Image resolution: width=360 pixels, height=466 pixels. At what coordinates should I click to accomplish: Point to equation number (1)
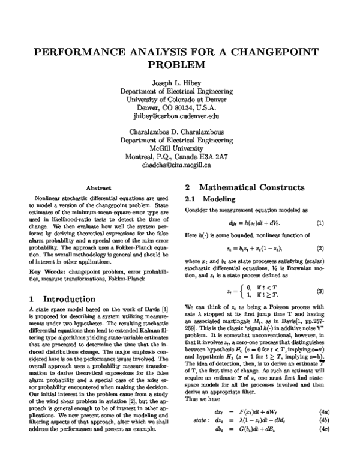click(x=320, y=223)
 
